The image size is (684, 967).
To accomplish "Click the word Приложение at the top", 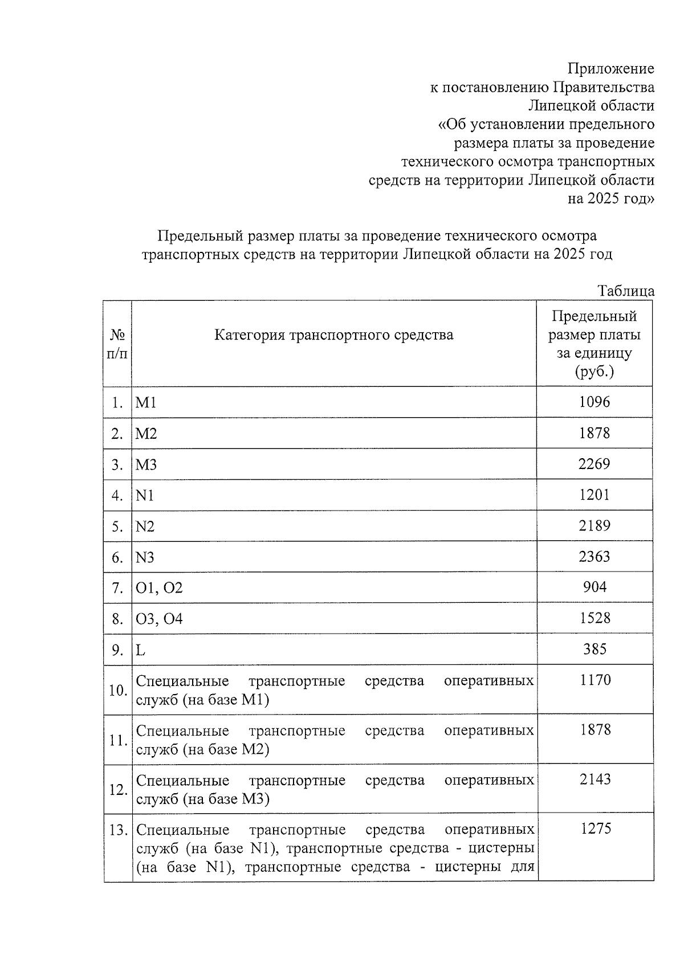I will (x=610, y=69).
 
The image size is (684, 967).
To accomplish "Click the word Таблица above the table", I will (x=625, y=291).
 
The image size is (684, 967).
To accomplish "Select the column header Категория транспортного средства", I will (x=333, y=334).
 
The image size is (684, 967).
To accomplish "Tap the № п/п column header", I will (x=117, y=344).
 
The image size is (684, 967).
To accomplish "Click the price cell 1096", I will (x=594, y=402).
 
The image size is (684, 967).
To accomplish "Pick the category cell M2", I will (x=146, y=434).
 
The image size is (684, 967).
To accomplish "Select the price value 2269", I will (x=594, y=464).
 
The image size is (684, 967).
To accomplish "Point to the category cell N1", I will (x=145, y=495).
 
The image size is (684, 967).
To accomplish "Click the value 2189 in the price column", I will (x=594, y=525).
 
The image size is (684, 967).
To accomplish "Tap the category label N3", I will (x=145, y=557).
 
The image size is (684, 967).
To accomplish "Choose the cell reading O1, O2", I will (x=159, y=587).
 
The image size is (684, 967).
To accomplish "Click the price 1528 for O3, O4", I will (x=595, y=618).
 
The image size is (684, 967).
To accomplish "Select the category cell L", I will (x=140, y=650).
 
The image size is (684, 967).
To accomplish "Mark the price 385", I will (x=595, y=649).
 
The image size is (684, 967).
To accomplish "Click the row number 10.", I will (x=117, y=691).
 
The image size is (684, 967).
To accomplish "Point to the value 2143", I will (x=595, y=779).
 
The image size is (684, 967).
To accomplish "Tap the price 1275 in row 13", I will (x=596, y=829).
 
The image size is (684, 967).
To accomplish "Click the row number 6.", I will (x=117, y=557).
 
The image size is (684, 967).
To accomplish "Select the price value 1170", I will (x=595, y=680).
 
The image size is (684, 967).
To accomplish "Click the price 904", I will (x=595, y=587).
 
